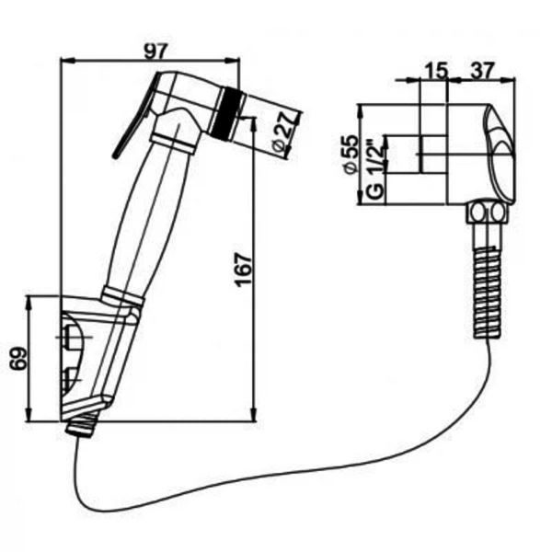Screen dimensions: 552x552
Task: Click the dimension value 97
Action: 155,52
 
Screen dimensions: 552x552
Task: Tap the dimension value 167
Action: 243,270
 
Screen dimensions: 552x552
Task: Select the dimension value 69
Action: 18,359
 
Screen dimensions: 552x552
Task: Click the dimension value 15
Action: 436,71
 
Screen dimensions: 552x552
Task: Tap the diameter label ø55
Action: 353,155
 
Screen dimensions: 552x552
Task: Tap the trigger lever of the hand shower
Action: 134,115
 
